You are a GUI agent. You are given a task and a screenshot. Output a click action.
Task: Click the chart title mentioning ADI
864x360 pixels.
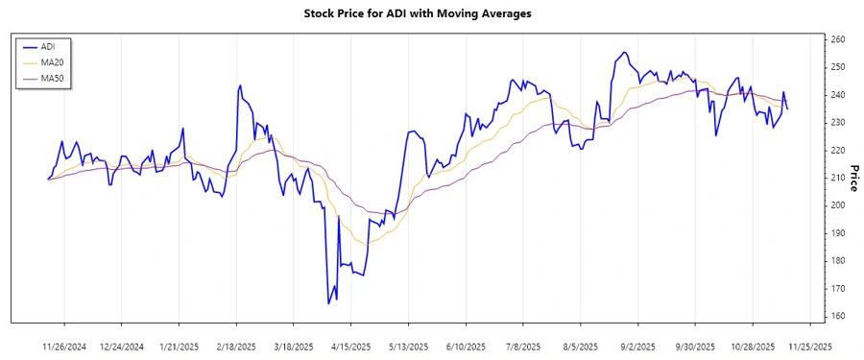[431, 13]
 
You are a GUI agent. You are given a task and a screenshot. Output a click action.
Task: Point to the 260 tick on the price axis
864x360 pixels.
[837, 39]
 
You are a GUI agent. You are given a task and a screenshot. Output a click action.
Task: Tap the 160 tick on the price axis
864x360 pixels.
[837, 316]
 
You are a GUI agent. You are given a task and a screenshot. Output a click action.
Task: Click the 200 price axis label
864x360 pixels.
[837, 205]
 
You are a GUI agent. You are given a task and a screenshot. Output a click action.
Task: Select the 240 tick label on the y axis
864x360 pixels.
[837, 95]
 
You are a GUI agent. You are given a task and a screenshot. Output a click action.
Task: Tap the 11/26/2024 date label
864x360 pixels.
[65, 347]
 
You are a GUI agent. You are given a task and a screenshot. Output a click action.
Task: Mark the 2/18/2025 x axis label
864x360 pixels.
[236, 347]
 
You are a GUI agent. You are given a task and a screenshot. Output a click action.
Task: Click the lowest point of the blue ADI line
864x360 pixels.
[328, 303]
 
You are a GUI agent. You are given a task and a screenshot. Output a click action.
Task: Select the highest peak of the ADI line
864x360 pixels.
[625, 52]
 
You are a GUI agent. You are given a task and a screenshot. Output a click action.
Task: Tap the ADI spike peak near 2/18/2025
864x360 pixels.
[239, 85]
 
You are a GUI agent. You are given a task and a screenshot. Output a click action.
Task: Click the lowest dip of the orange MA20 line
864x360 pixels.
[370, 243]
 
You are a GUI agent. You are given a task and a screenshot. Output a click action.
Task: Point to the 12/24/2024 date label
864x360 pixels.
[122, 347]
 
